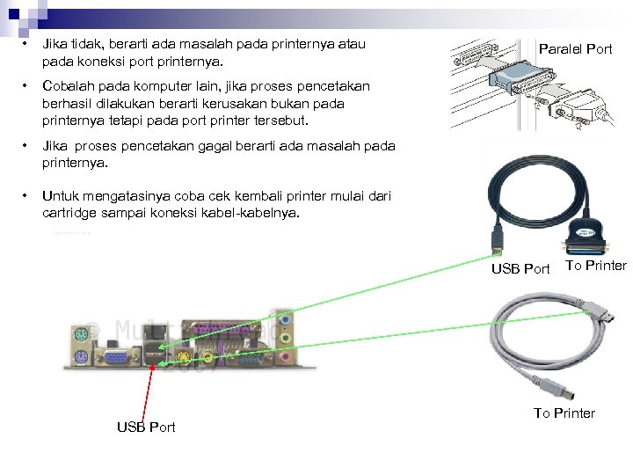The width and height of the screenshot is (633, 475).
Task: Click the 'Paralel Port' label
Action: (575, 49)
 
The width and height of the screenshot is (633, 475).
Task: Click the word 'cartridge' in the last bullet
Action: (73, 212)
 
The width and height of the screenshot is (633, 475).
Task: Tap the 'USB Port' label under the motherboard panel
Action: (146, 427)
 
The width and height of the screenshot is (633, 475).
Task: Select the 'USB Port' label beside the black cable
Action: (520, 268)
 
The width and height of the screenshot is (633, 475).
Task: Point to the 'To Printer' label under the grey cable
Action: (564, 413)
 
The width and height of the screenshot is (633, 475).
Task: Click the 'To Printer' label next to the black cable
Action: (596, 266)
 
